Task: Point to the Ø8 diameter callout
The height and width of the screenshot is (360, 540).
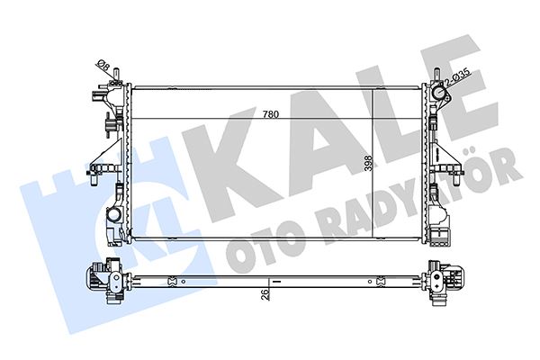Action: tap(103, 66)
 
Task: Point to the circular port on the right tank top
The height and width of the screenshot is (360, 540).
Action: tap(438, 94)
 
